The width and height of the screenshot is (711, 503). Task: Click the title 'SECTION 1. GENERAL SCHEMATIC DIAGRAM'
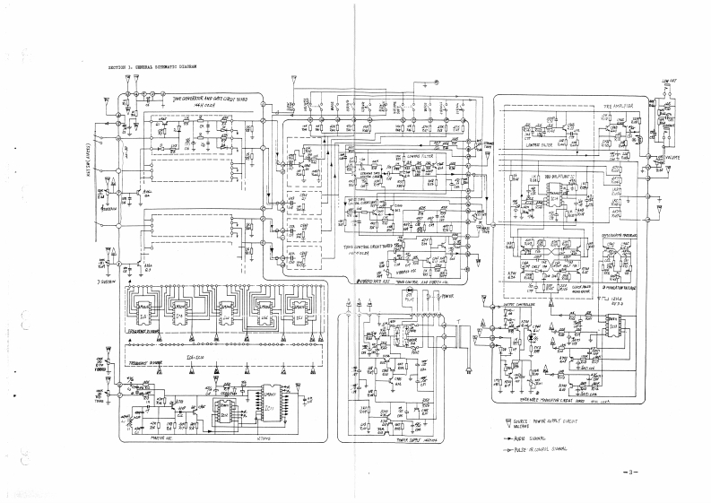[152, 67]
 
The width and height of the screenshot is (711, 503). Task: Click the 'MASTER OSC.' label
[136, 437]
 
